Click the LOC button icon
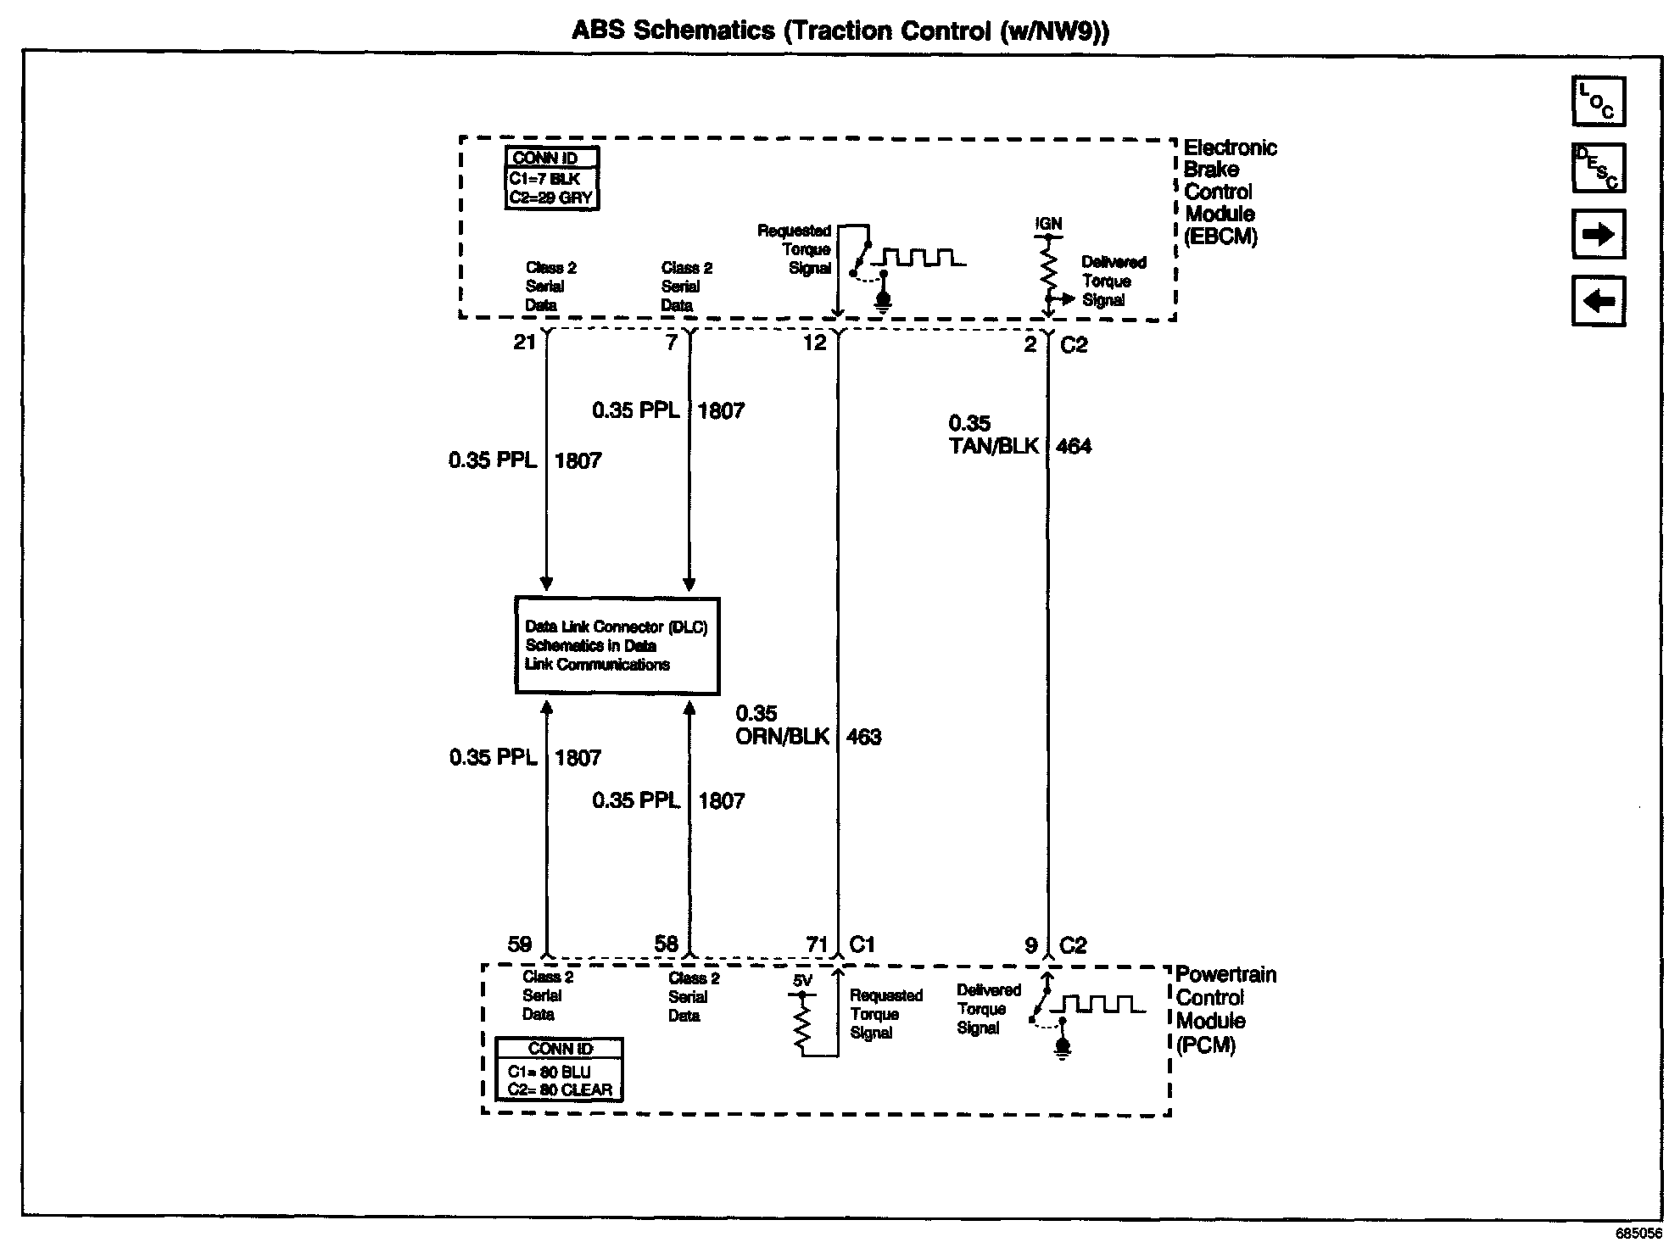1598,102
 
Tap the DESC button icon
1598,168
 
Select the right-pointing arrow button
1598,234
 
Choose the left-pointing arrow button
1598,300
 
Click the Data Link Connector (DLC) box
617,646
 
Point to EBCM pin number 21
524,343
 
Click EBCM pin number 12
814,343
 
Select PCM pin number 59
520,944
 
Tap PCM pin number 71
817,944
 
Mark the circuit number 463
863,738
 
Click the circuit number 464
1073,447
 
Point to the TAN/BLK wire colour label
993,447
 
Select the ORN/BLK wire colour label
782,738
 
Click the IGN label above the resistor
1048,224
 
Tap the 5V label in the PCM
802,981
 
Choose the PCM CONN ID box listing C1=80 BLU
559,1070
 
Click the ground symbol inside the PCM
1062,1050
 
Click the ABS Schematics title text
840,31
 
